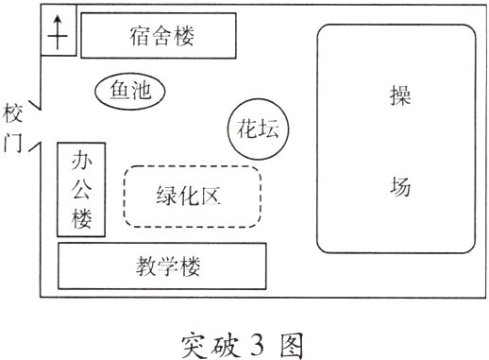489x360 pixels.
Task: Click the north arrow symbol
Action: tap(59, 35)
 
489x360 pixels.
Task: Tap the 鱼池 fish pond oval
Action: tap(130, 91)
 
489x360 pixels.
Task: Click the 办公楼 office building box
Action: tap(80, 189)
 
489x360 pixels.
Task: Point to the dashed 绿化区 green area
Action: tap(193, 197)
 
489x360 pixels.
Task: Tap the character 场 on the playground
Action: tap(399, 186)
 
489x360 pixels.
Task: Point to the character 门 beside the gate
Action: tap(13, 146)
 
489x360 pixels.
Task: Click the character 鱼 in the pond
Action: tap(119, 91)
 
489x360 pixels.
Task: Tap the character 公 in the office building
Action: tap(80, 189)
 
